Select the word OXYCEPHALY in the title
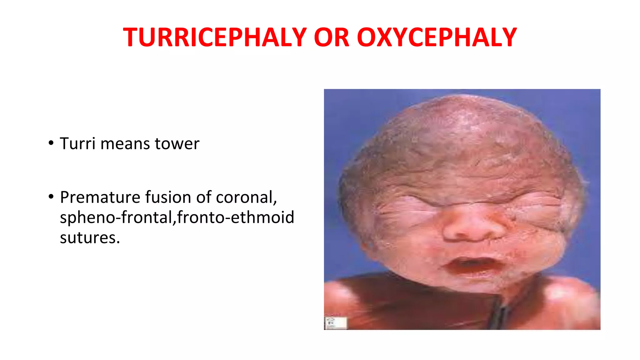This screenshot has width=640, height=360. point(437,37)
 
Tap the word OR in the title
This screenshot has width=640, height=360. point(331,37)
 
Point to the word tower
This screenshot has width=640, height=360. point(177,144)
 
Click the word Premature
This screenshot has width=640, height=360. point(100,197)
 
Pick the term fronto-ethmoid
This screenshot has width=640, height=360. point(236,217)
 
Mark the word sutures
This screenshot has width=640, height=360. point(90,238)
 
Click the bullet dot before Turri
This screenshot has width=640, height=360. point(51,143)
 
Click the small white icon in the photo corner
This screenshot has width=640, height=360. point(336,323)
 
